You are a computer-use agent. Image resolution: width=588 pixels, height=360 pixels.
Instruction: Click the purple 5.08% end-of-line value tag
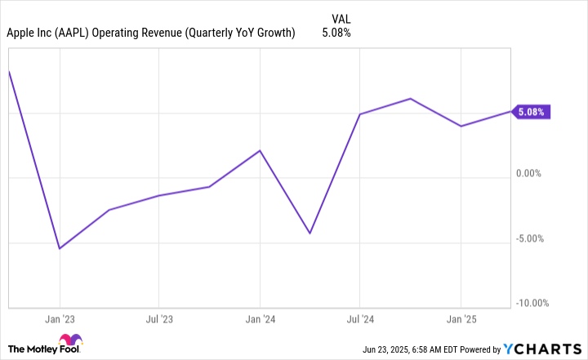tap(531, 112)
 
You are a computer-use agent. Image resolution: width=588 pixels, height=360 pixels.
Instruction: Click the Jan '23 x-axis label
tap(59, 319)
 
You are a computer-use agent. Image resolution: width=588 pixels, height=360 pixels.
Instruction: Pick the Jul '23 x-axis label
tap(159, 319)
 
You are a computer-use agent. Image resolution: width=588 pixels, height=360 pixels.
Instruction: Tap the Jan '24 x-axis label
tap(260, 319)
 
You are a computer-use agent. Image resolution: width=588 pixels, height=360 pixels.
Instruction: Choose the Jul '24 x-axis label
tap(360, 319)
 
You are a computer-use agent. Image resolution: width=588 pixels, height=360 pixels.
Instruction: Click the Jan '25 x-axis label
tap(461, 319)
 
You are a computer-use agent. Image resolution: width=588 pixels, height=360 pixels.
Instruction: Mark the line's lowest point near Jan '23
tap(60, 248)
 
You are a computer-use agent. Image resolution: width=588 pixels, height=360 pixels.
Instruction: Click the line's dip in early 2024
tap(310, 233)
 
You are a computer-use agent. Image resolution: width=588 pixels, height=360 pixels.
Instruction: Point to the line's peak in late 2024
tap(410, 99)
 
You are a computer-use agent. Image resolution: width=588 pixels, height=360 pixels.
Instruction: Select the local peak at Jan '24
tap(260, 151)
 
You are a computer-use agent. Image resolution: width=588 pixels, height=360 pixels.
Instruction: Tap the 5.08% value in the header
tap(337, 33)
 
